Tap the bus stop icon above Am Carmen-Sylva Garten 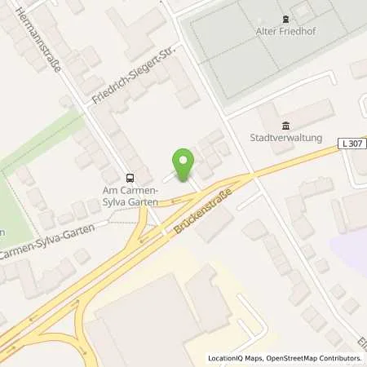click(130, 177)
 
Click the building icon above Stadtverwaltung click(285, 125)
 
